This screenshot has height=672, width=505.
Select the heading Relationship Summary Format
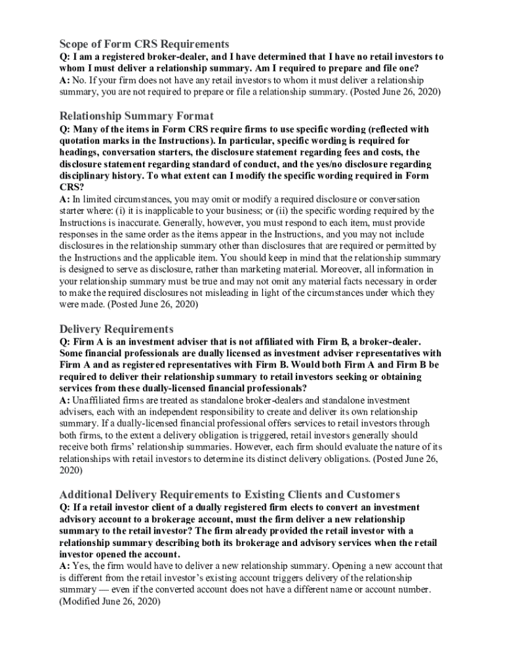[x=136, y=116]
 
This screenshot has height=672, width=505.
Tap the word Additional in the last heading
[x=89, y=494]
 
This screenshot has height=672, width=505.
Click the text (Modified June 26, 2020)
[x=110, y=601]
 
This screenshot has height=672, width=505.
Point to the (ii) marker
[x=254, y=211]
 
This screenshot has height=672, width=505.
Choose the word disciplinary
[x=88, y=176]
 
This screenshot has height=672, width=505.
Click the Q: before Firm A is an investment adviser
[x=65, y=341]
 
